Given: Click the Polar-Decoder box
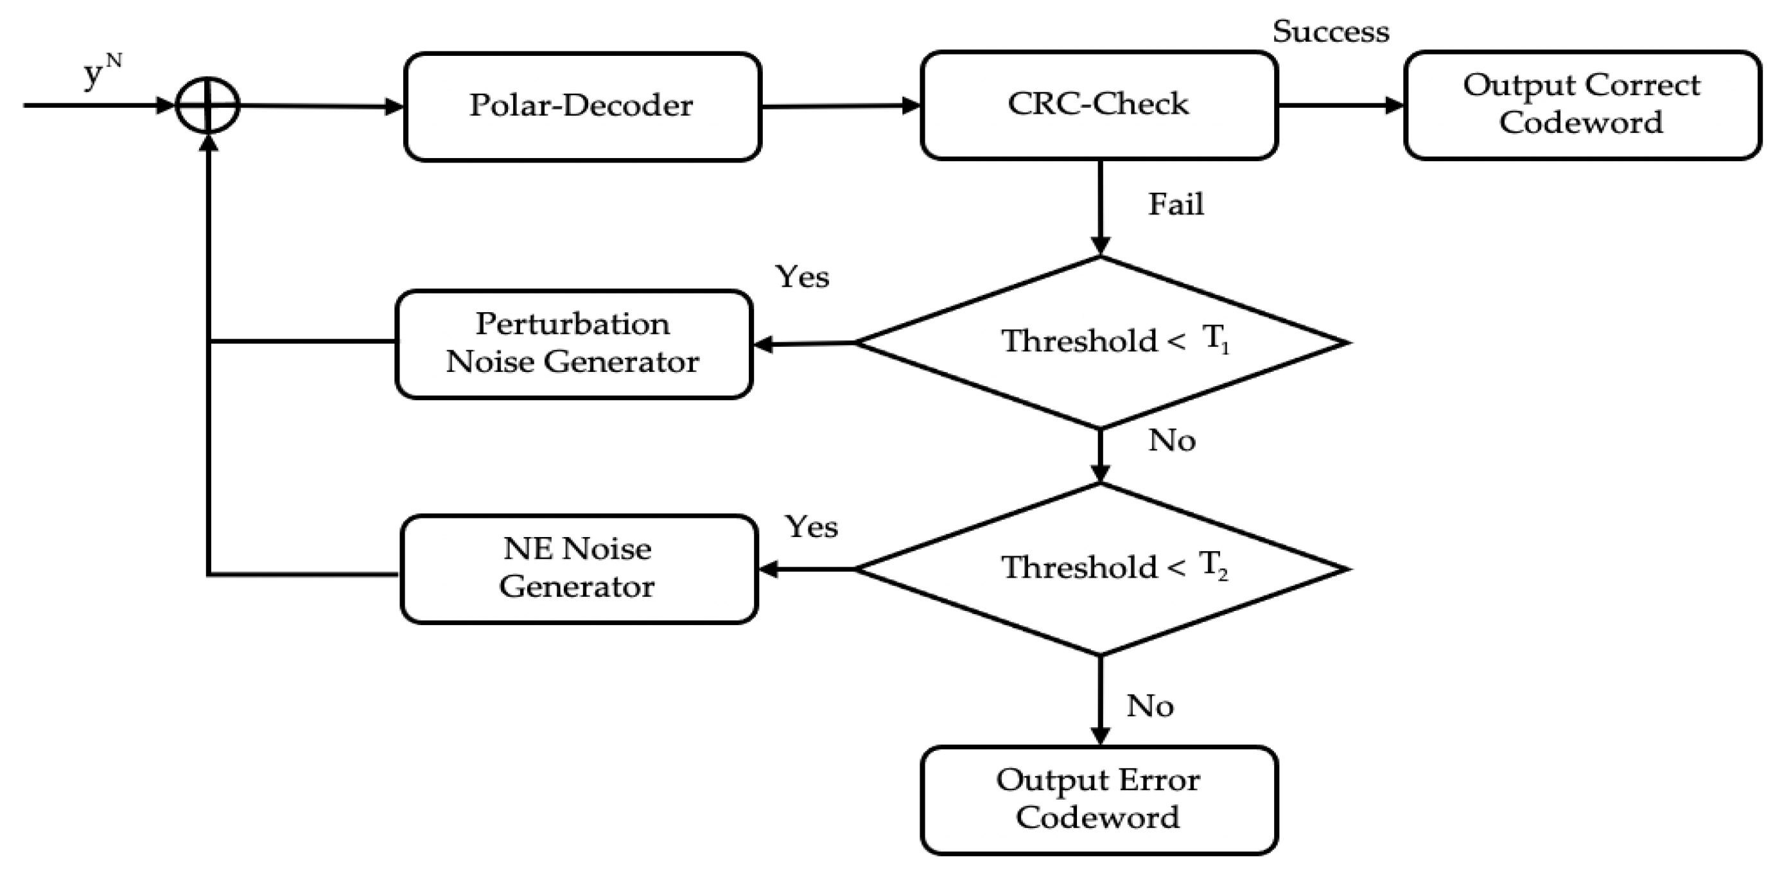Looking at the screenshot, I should (x=582, y=107).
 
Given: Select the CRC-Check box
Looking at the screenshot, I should (x=1099, y=105).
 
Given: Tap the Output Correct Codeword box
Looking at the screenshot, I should (x=1582, y=105).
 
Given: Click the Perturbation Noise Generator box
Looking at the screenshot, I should (x=573, y=344).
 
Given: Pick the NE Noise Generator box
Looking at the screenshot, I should (x=578, y=569).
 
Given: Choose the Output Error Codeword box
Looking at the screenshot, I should (x=1099, y=799).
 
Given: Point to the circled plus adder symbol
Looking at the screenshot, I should (x=207, y=106).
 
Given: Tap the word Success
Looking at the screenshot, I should (x=1330, y=31).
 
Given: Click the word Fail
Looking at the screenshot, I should (x=1176, y=204).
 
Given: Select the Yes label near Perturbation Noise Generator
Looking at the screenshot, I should (x=802, y=277).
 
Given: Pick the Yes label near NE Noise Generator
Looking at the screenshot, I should (x=812, y=527).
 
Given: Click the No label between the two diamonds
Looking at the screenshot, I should (x=1171, y=441).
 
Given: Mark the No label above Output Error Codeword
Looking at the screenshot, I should (x=1150, y=707).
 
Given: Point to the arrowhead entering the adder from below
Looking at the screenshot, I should (x=207, y=143).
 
